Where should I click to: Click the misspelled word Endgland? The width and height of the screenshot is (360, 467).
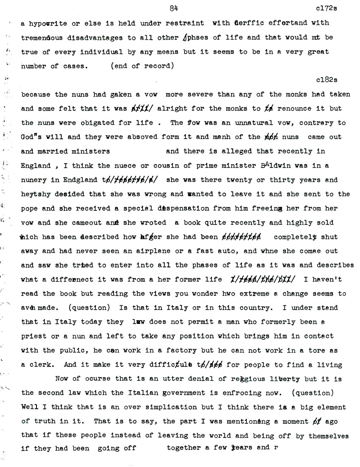click(78, 180)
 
